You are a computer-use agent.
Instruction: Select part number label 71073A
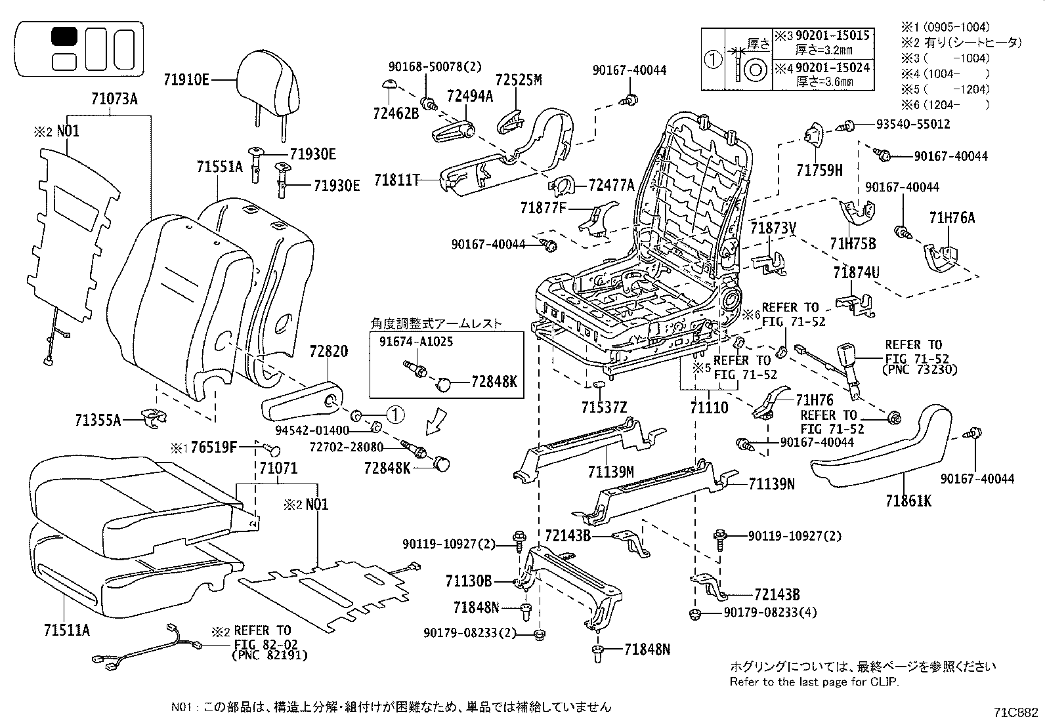(x=114, y=100)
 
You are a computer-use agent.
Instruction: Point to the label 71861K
(x=908, y=501)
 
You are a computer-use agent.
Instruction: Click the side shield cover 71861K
(x=880, y=453)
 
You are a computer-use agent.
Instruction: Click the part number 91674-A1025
(x=416, y=342)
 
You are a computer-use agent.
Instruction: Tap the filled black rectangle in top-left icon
(x=64, y=36)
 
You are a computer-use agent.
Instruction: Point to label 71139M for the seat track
(x=610, y=471)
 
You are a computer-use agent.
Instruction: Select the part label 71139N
(x=771, y=484)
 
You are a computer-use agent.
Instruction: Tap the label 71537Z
(x=604, y=407)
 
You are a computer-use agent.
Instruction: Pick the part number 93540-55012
(x=913, y=124)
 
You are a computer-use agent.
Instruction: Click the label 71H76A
(x=952, y=218)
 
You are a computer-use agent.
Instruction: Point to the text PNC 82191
(x=269, y=655)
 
